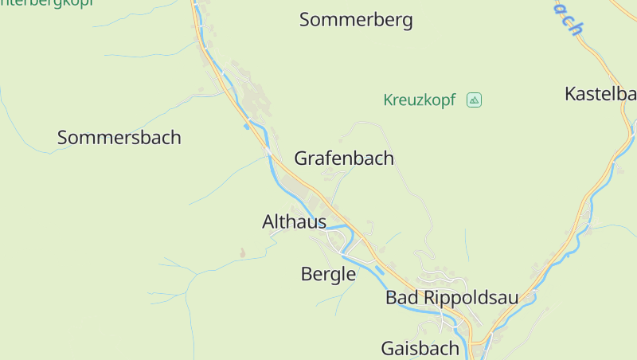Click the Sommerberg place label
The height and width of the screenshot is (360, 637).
356,20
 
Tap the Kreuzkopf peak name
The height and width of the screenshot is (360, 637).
419,100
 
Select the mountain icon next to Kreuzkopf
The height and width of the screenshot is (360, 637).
474,100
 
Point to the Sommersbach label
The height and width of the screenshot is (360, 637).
119,138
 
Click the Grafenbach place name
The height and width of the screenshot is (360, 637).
344,158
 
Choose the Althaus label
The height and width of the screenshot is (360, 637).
294,222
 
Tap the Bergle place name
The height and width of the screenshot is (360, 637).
328,275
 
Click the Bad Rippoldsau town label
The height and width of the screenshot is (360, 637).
451,298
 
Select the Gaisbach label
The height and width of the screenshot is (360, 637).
420,348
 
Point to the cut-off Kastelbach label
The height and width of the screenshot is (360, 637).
600,94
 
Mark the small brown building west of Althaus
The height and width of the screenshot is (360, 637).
243,253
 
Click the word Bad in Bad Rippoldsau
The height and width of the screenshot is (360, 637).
401,298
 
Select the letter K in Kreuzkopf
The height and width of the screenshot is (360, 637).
388,100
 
